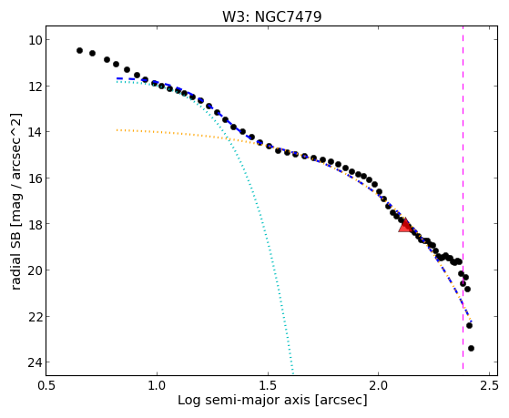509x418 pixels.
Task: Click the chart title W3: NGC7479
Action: click(271, 16)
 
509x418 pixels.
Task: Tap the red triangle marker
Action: click(405, 226)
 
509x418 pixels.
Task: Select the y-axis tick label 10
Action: click(35, 40)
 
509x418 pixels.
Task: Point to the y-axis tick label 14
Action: click(35, 132)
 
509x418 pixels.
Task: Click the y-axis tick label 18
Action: click(35, 224)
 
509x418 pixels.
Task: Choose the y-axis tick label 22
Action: click(35, 316)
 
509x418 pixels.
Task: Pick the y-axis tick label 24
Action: click(35, 362)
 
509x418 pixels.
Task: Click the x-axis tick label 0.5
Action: click(46, 385)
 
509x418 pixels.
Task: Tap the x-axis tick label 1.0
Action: click(157, 385)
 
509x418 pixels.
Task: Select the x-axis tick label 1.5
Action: click(268, 385)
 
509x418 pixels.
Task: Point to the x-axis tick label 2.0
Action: click(379, 385)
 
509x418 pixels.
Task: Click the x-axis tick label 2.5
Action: click(489, 385)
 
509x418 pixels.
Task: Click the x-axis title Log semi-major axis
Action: click(244, 401)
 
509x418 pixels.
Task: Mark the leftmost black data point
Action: click(79, 50)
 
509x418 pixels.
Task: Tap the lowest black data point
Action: click(471, 349)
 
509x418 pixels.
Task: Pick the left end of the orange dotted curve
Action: click(117, 130)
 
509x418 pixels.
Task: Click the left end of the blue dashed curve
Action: click(117, 78)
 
